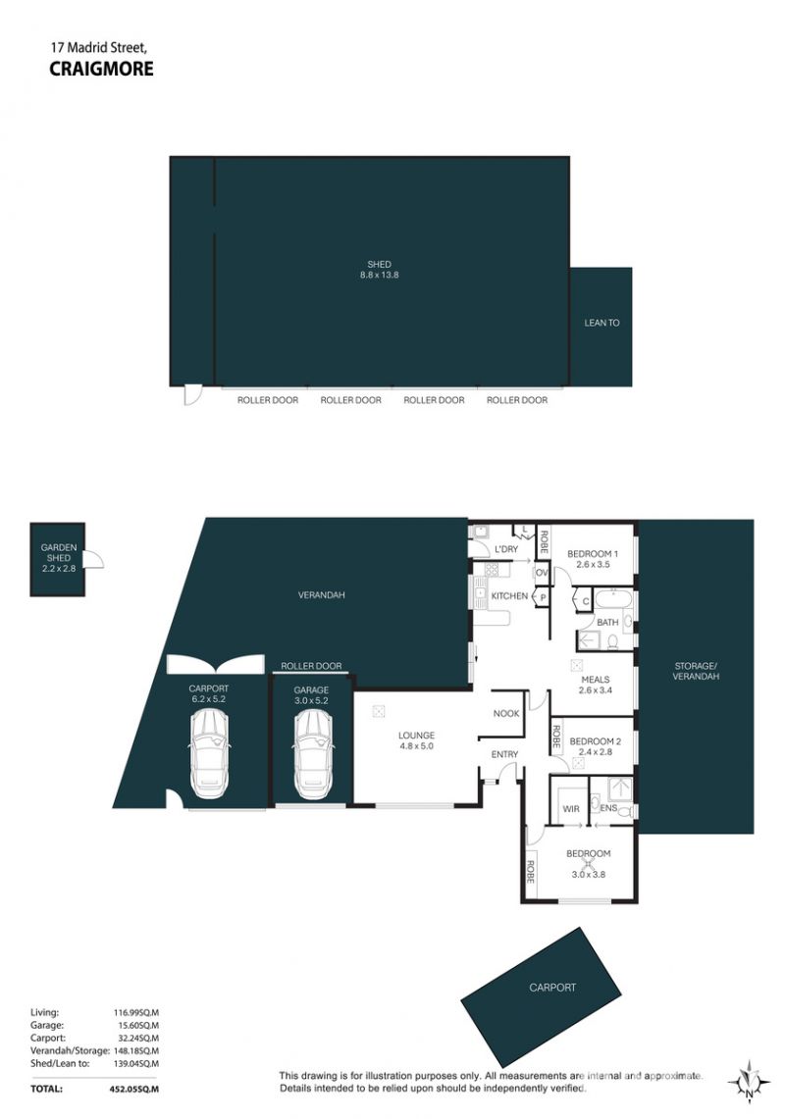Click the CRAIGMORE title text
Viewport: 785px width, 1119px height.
101,69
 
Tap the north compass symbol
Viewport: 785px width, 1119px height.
748,1082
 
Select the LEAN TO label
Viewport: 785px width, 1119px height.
602,323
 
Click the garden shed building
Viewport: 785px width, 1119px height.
58,559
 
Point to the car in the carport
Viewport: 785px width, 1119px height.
209,755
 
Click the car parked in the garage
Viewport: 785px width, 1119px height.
312,755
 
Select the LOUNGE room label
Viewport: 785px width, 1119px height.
416,736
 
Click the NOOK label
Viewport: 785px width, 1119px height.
506,714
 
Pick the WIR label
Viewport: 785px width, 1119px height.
571,808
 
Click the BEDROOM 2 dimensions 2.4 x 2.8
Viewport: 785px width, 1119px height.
595,751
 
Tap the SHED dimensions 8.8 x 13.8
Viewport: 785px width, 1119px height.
380,275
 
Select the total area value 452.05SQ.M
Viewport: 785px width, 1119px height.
130,1089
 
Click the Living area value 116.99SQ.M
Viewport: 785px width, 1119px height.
135,1012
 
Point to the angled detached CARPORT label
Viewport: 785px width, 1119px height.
552,988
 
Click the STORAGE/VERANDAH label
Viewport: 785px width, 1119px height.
695,671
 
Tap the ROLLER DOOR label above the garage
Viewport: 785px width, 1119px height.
311,666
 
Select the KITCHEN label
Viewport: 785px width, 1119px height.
509,596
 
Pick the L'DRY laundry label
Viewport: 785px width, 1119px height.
506,549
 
